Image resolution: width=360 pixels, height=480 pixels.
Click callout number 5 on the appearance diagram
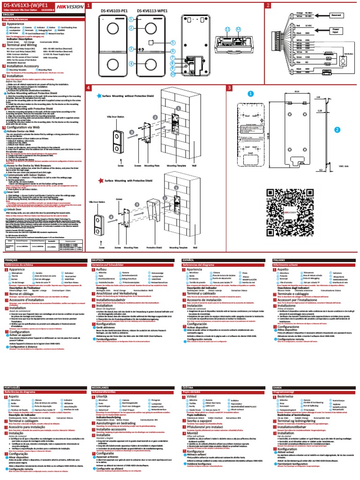click(x=173, y=42)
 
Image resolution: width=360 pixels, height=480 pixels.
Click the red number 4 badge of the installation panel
click(x=88, y=88)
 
